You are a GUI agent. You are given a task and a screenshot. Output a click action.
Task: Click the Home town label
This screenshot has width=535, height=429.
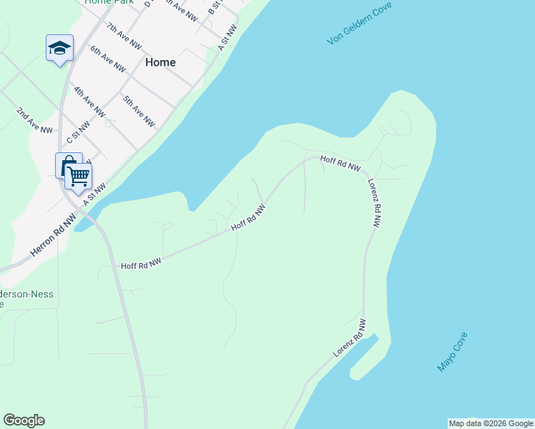click(160, 62)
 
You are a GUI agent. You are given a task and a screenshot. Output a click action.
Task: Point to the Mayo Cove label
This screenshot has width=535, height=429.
click(452, 351)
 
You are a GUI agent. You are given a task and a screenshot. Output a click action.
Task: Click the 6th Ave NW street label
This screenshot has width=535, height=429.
click(108, 59)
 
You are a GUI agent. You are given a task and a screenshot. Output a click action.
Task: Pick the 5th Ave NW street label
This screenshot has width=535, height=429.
click(139, 111)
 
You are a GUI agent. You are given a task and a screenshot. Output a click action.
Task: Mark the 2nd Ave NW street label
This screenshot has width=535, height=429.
click(35, 121)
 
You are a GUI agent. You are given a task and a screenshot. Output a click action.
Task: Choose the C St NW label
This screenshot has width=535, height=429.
click(78, 131)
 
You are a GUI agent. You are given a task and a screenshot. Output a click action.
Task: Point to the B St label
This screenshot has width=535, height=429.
click(213, 9)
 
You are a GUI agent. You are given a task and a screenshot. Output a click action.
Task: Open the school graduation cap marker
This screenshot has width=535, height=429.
click(59, 48)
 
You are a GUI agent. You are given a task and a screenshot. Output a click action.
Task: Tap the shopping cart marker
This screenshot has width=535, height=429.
click(79, 175)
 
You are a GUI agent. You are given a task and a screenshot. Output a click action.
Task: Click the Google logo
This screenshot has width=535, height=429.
click(24, 420)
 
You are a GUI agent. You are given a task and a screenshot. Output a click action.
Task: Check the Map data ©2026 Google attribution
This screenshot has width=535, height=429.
click(491, 423)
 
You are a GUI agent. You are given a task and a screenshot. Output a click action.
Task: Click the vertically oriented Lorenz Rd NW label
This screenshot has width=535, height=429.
click(373, 203)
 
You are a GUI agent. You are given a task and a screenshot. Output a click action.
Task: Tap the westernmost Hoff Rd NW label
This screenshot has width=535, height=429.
click(141, 265)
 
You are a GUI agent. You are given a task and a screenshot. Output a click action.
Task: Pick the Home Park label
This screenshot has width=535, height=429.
click(109, 2)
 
